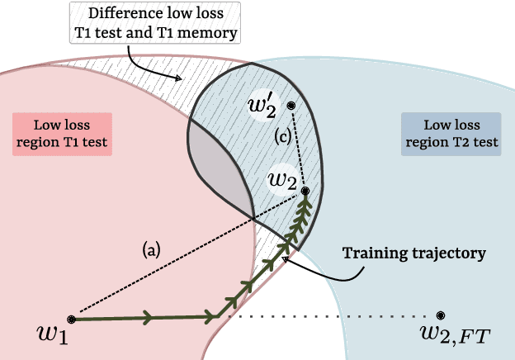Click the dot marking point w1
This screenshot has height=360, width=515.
(x=72, y=319)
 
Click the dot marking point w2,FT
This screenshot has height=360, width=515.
(x=441, y=315)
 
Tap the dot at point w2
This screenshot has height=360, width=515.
(x=305, y=191)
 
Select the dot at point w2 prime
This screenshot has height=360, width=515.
(x=291, y=106)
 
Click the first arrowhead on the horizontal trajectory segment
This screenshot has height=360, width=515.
(x=147, y=317)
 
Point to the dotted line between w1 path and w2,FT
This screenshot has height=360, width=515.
(x=330, y=316)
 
